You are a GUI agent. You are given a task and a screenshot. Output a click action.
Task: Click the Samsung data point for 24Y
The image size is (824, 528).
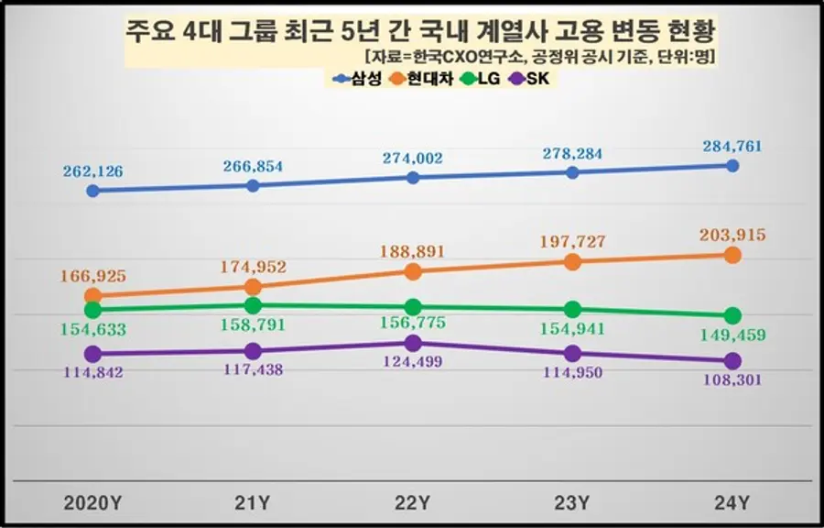coord(732,166)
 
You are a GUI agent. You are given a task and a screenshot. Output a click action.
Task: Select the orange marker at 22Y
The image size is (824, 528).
coord(413,271)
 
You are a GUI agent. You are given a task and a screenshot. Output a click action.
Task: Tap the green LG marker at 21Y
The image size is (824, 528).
coord(254,305)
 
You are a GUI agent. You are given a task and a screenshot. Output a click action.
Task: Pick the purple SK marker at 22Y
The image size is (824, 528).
coord(413,343)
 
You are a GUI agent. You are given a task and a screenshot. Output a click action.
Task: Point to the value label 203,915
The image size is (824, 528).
coord(732,236)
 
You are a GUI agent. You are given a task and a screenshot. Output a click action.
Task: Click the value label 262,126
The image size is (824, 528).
coord(92,170)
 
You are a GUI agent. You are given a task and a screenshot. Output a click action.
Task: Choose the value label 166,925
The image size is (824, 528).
coord(92,275)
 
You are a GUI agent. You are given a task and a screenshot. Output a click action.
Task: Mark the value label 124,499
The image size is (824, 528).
coord(413,362)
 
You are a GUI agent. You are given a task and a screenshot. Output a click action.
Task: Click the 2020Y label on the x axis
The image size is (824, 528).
coord(92,502)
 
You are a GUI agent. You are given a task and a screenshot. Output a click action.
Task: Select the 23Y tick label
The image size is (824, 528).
coord(572,502)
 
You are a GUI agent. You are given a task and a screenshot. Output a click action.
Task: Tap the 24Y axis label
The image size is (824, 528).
coord(732,502)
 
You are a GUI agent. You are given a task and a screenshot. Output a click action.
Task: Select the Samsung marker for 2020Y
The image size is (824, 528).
coord(92,191)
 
